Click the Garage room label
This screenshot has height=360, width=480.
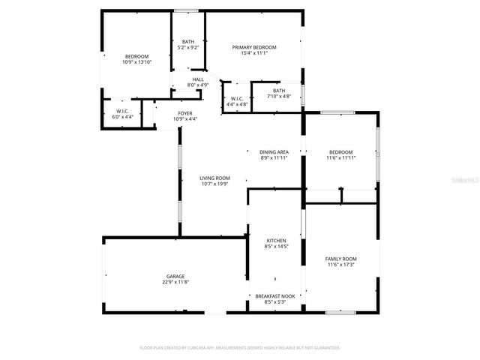tap(175, 276)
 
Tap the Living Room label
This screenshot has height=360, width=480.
tap(214, 178)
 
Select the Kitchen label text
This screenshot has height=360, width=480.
tap(276, 241)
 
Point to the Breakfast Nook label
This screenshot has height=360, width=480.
tap(274, 296)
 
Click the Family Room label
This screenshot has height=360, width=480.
tap(340, 259)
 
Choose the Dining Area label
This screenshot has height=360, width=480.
tap(274, 152)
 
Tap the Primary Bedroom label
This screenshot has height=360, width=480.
tap(254, 47)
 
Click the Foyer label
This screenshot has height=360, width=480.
tap(184, 113)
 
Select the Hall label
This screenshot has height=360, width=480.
tap(198, 79)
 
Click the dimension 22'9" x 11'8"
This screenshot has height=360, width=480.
tap(175, 282)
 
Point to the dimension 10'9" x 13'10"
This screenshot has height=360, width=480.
tap(136, 62)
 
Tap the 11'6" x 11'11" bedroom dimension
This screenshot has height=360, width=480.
tap(340, 158)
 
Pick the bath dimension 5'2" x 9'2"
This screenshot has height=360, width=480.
tap(188, 47)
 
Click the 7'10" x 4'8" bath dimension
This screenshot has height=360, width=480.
tap(279, 96)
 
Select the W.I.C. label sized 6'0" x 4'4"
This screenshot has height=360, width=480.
tap(123, 114)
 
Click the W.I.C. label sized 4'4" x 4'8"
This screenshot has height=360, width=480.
tap(237, 102)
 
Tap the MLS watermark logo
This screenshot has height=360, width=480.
tap(468, 181)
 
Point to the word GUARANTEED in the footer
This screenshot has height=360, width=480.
tap(325, 348)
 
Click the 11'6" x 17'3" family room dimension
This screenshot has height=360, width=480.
tap(340, 265)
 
